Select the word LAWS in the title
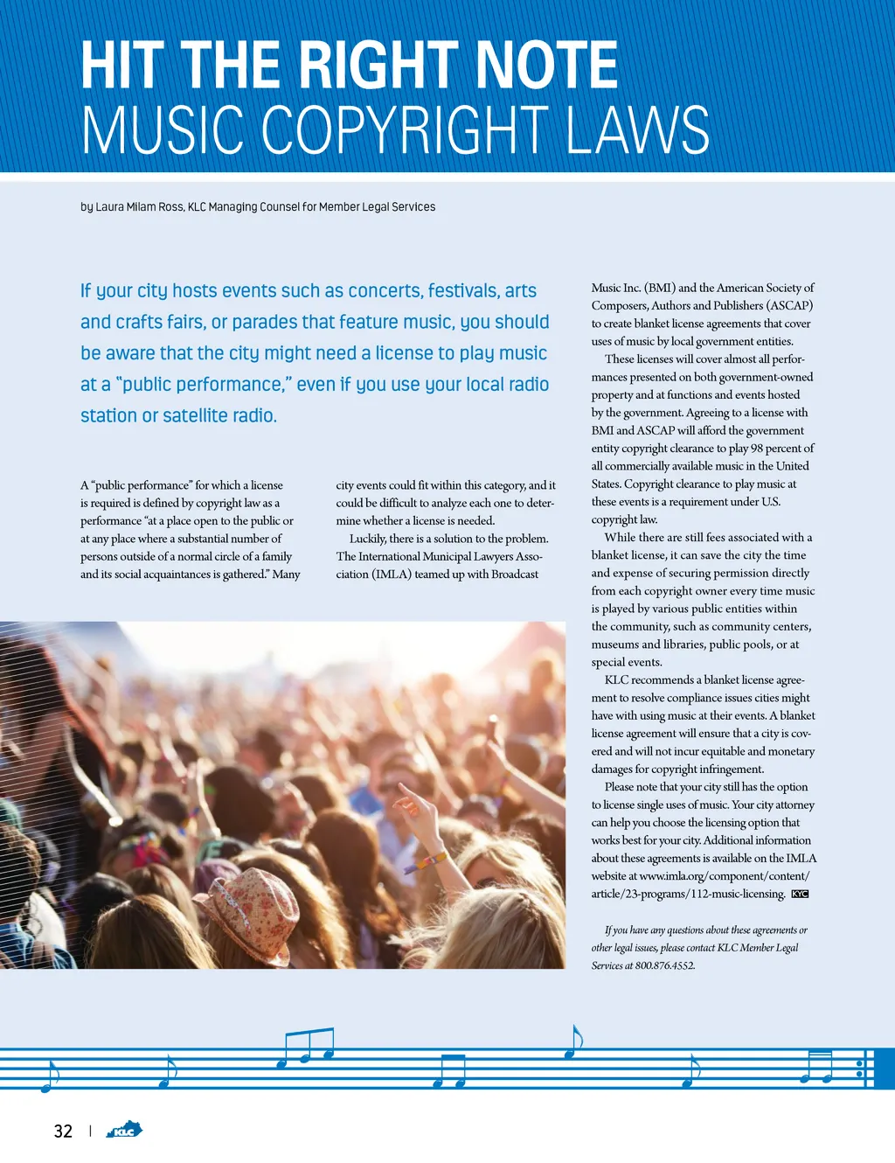[x=637, y=130]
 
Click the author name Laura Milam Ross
[x=139, y=207]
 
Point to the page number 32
[x=63, y=1132]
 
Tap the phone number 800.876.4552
[x=665, y=965]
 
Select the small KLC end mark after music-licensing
[x=800, y=894]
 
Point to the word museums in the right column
[x=614, y=644]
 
